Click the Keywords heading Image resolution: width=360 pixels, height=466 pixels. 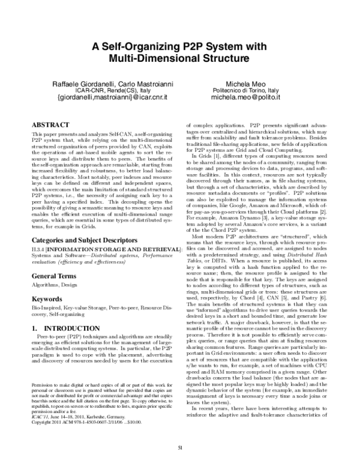click(47, 298)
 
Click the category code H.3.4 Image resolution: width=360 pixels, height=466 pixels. click(38, 249)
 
